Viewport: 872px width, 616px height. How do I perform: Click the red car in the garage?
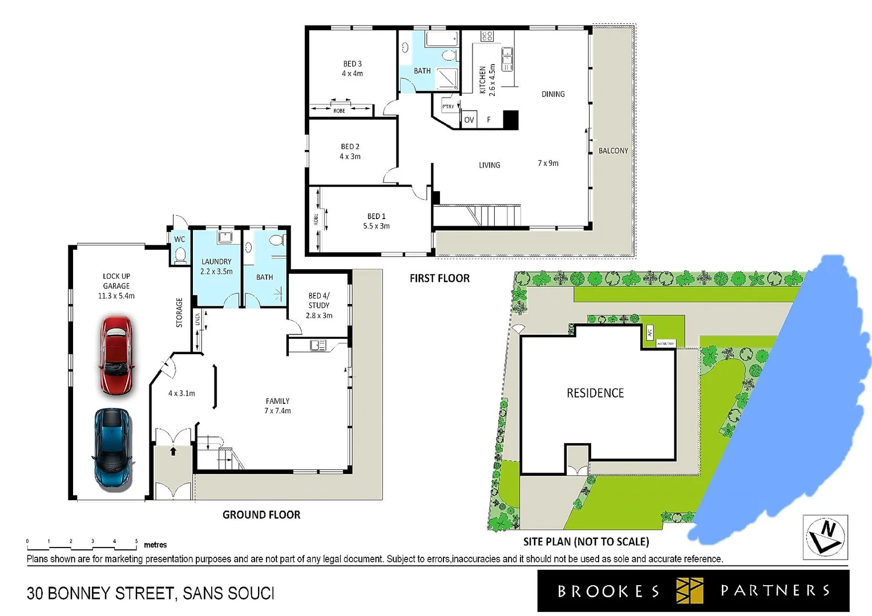point(116,356)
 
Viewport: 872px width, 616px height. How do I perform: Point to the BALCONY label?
point(613,151)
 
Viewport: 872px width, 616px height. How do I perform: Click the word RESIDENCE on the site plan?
point(595,393)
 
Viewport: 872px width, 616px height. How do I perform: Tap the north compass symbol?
point(825,537)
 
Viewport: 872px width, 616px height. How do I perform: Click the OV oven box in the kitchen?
point(469,120)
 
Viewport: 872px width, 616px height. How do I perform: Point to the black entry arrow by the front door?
point(173,451)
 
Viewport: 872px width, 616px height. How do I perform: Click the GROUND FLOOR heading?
point(261,514)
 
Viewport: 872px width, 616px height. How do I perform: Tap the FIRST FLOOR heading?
point(439,278)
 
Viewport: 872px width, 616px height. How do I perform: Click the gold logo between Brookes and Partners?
point(689,590)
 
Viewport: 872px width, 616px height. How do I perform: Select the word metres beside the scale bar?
point(155,545)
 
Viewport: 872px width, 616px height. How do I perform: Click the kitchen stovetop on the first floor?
point(487,37)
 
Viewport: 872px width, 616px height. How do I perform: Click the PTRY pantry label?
point(449,107)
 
